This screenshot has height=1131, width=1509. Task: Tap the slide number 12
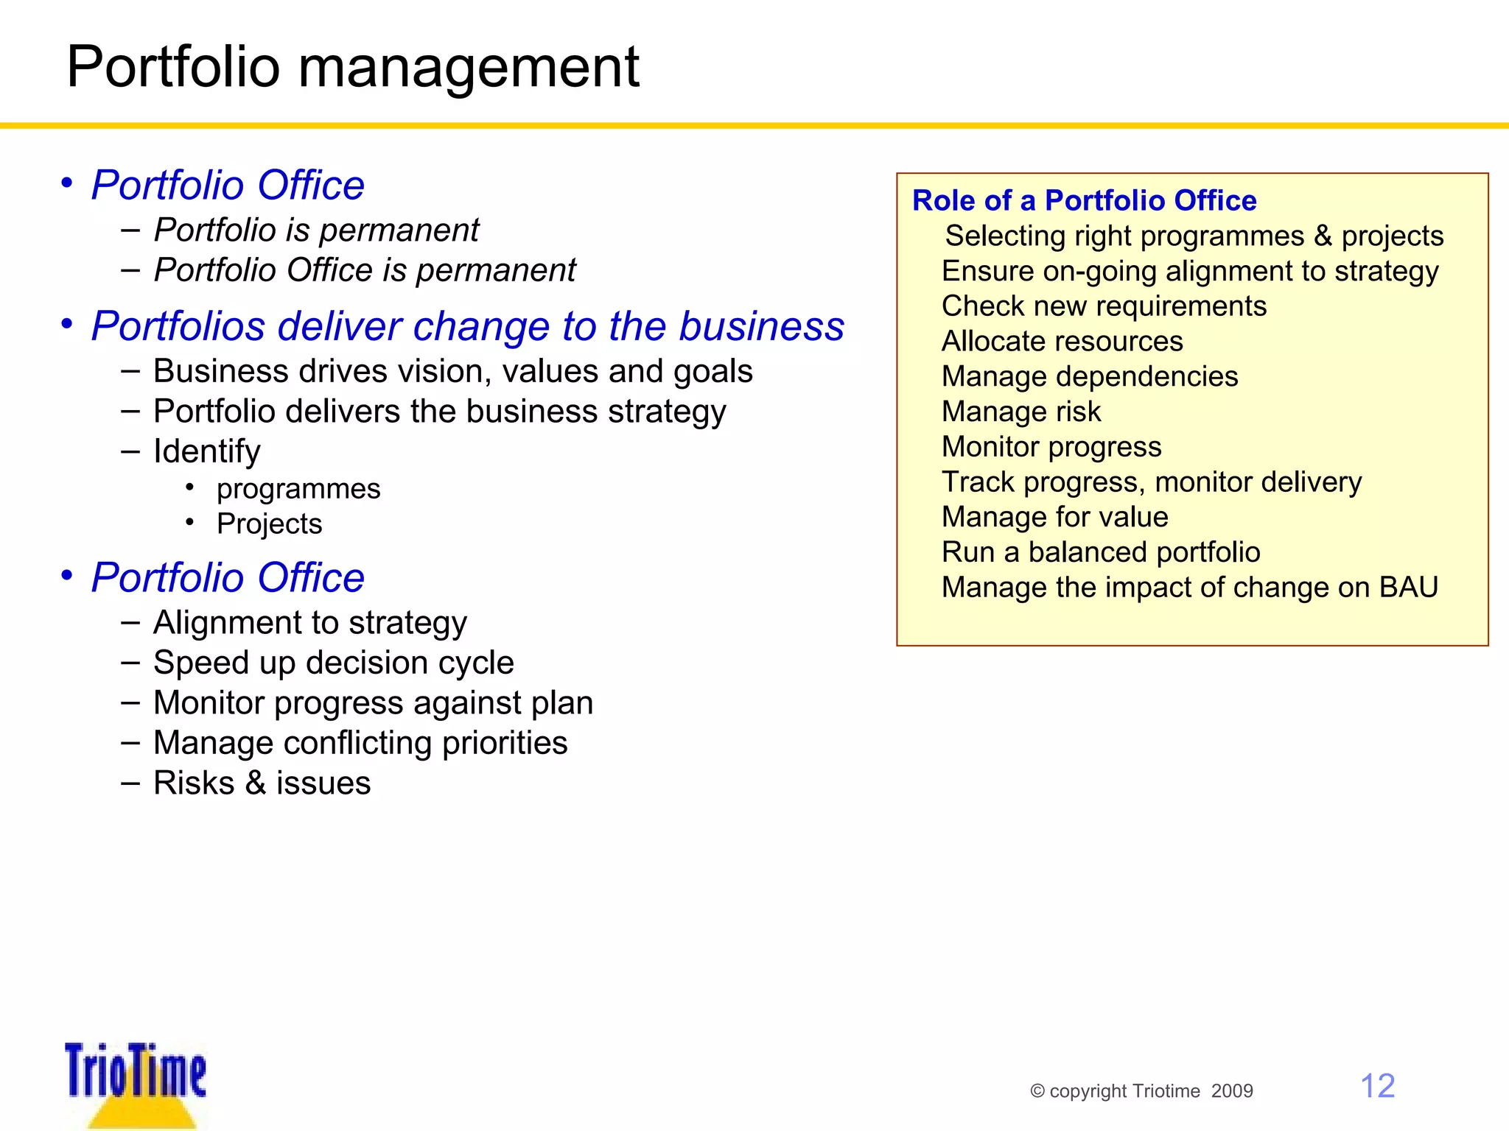pos(1376,1086)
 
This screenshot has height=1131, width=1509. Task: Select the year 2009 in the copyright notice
pos(1232,1091)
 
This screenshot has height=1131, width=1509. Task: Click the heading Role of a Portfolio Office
pos(1084,200)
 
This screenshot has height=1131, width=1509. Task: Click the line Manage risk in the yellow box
pos(1020,412)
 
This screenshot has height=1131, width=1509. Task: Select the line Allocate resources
pos(1062,341)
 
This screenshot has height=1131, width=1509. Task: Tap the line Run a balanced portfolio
pos(1101,552)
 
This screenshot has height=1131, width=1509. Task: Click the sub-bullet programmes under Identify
pos(298,489)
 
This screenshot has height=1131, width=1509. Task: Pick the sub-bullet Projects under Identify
pos(269,524)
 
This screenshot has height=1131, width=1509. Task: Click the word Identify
pos(206,451)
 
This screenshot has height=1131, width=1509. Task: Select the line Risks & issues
pos(262,783)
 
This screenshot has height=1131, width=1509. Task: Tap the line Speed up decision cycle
pos(333,663)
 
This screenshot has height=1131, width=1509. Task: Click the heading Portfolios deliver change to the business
pos(467,326)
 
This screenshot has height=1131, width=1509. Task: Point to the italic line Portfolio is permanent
pos(316,230)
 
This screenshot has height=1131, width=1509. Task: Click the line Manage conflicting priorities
pos(360,743)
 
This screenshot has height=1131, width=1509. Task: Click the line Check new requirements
pos(1104,306)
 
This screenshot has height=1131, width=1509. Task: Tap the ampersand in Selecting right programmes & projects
pos(1323,236)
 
